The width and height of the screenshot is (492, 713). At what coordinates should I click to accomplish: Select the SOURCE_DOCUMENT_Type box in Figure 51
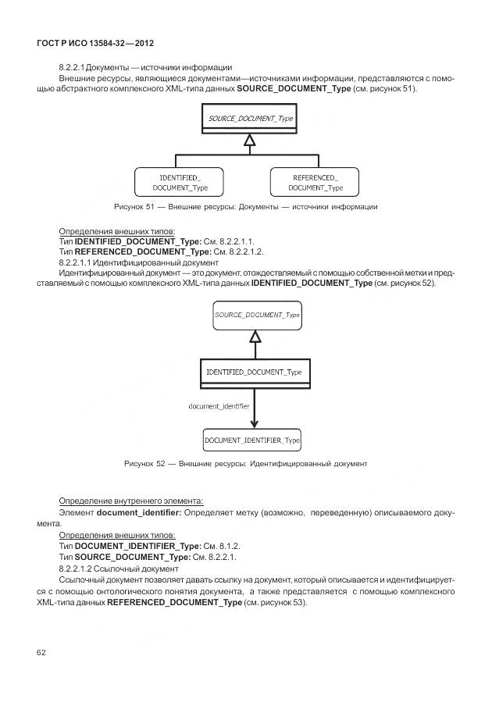tap(249, 119)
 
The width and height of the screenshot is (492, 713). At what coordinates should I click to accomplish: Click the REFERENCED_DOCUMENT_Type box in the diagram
tap(315, 183)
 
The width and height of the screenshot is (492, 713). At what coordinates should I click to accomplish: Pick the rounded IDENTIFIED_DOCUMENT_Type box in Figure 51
tap(179, 183)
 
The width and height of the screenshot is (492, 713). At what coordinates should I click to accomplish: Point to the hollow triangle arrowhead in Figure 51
tap(249, 141)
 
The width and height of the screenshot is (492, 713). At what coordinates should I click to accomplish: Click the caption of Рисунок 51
tap(245, 207)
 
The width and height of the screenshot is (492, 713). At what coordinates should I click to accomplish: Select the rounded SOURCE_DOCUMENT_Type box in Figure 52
tap(257, 315)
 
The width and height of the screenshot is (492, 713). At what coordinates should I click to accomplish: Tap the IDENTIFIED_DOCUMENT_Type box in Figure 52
tap(255, 373)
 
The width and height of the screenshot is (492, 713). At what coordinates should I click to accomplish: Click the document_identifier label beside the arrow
tap(219, 406)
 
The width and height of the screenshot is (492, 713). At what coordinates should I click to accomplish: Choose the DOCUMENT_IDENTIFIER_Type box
tap(252, 440)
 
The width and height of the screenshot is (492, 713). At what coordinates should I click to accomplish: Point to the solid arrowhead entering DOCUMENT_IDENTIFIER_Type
tap(255, 423)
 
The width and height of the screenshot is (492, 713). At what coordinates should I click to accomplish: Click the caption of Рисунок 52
tap(245, 464)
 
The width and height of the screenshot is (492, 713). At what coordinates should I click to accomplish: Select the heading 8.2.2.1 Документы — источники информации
tap(145, 68)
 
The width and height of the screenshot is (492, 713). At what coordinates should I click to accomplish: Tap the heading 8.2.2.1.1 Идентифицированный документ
tap(127, 262)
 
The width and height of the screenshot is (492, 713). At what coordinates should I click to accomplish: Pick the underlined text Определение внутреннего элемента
tap(131, 501)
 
